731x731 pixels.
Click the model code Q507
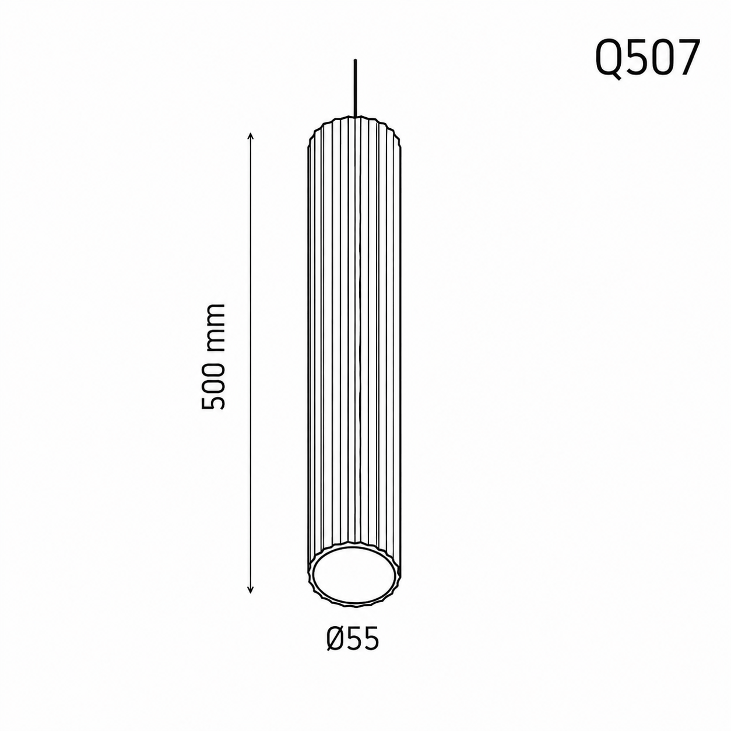tap(647, 60)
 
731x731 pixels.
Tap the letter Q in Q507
tap(608, 60)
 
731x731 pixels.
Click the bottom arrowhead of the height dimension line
tap(250, 599)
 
